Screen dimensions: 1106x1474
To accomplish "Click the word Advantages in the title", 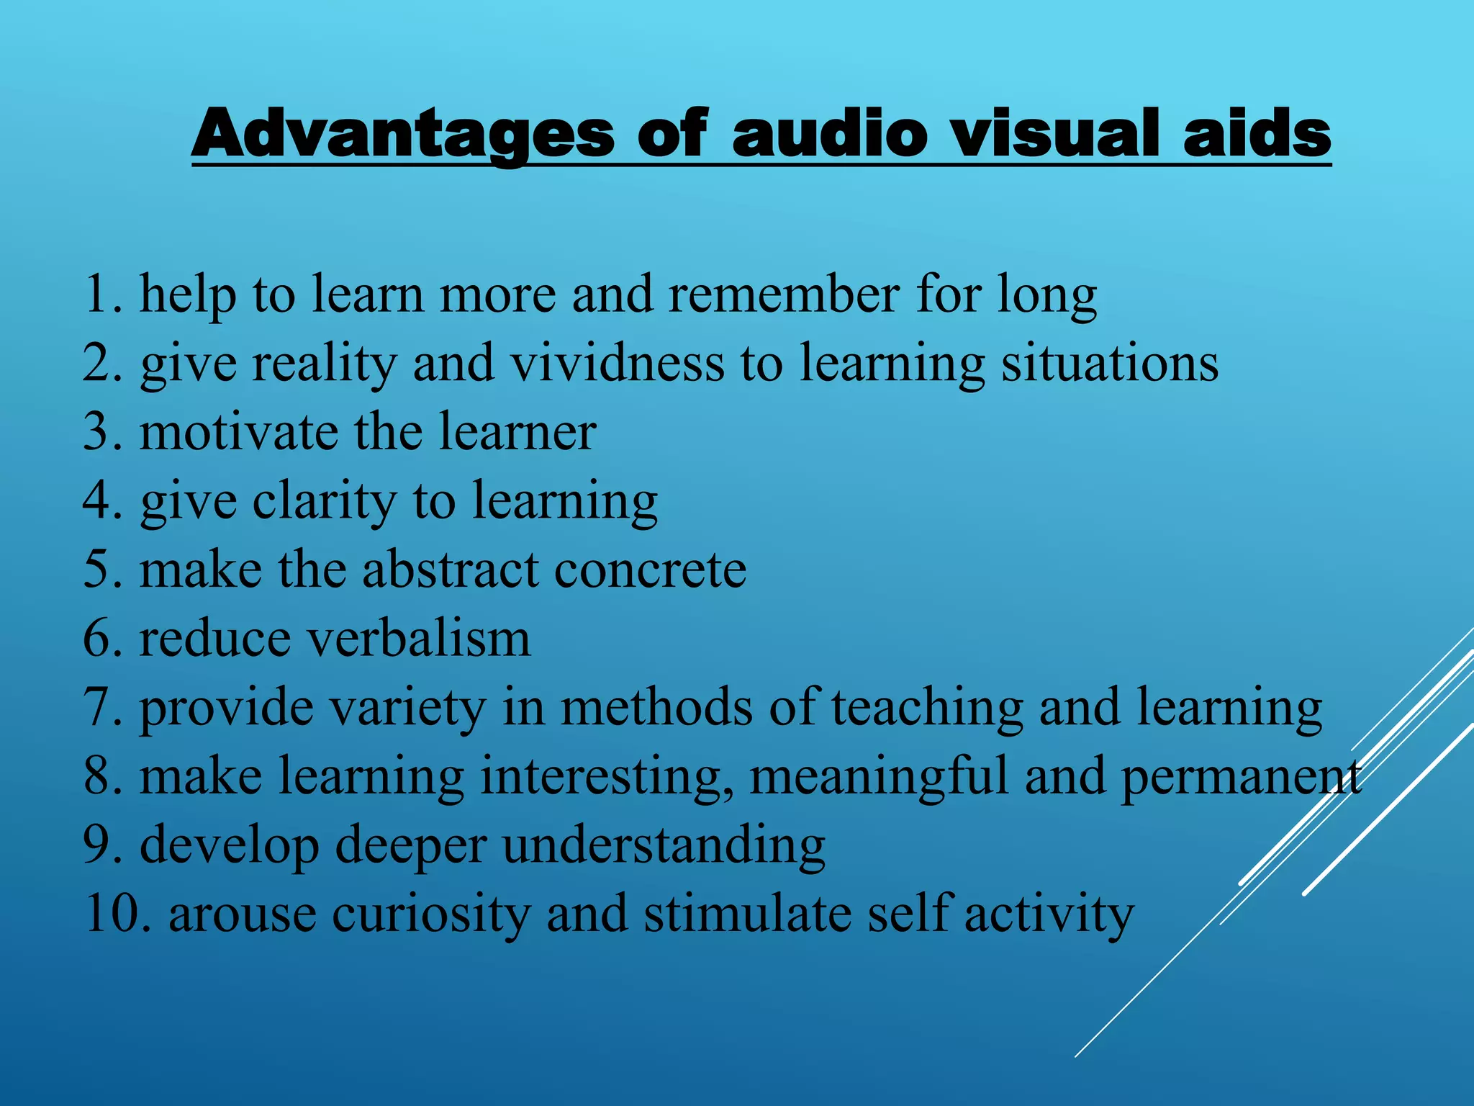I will click(x=403, y=133).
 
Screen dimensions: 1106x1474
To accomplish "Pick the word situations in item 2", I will click(x=1110, y=363).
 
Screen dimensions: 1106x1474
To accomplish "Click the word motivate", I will click(x=238, y=432).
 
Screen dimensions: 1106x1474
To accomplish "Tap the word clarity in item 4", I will click(x=324, y=501).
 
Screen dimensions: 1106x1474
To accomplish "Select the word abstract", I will click(x=450, y=570).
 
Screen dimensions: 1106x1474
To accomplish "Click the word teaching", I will click(x=927, y=708).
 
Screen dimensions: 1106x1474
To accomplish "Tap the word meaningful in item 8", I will click(x=879, y=777).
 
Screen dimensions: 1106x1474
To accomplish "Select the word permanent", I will click(x=1241, y=777).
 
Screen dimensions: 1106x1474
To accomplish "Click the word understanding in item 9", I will click(x=664, y=845).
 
